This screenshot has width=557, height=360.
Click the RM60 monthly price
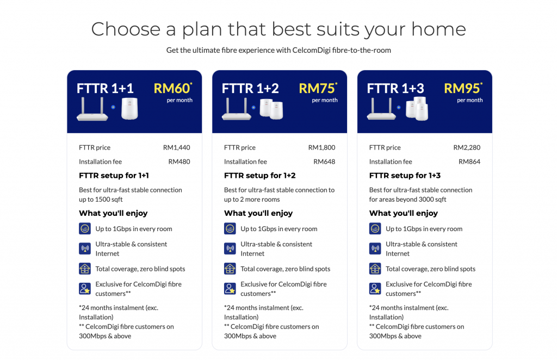(172, 89)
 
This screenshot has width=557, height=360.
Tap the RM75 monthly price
(318, 89)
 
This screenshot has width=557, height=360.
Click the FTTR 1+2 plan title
(250, 89)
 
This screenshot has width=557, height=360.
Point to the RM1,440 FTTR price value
(177, 147)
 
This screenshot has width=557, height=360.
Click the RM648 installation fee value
(324, 162)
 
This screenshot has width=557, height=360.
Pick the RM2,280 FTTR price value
(467, 147)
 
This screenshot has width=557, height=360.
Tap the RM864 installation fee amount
(469, 162)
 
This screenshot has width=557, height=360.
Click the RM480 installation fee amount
(179, 162)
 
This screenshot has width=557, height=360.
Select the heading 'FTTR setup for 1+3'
(405, 176)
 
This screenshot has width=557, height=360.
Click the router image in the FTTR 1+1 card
(92, 109)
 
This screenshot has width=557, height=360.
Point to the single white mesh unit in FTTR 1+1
(129, 108)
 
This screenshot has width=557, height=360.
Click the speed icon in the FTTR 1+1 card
(84, 228)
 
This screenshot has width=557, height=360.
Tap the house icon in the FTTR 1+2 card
(230, 269)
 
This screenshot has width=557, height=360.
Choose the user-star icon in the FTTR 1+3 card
(375, 288)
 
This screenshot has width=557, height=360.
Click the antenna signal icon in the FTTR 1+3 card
(375, 248)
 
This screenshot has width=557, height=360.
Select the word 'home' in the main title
(439, 29)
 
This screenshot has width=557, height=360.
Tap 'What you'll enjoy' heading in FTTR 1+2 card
(258, 213)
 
